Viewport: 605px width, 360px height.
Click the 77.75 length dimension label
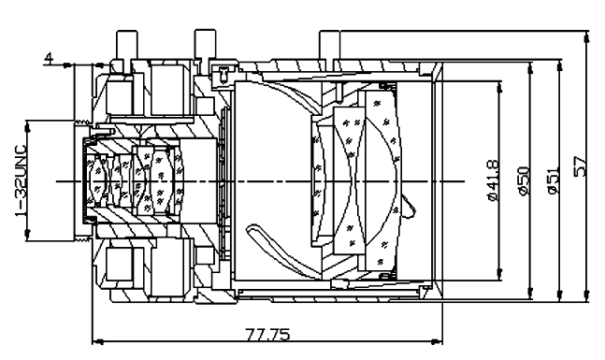tap(267, 334)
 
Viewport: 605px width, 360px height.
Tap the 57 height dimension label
tap(581, 166)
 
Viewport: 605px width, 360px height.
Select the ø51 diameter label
tap(553, 180)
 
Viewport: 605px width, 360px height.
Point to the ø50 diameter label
tap(524, 180)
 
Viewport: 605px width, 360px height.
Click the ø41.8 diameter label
tap(494, 180)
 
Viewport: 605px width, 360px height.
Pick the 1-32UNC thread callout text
tap(21, 180)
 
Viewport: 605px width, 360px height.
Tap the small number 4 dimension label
tap(49, 58)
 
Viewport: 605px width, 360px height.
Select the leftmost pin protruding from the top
tap(127, 45)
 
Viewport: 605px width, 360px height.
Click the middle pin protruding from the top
tap(206, 44)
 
